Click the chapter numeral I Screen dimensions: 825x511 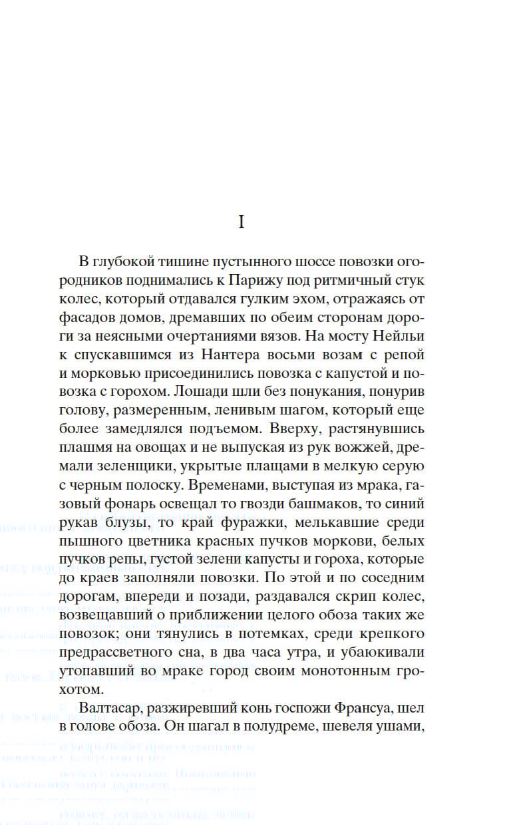(x=242, y=222)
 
